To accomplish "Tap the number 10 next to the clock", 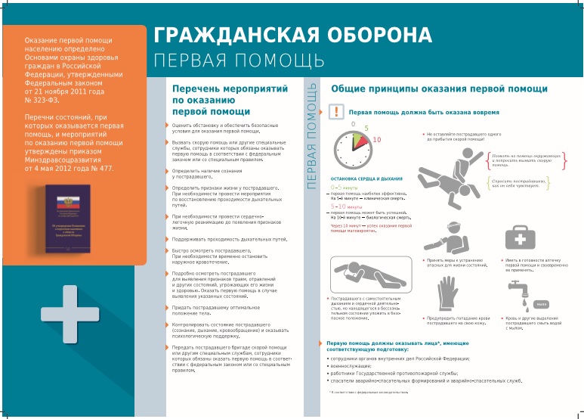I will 376,140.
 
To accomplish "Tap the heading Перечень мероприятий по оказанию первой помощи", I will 204,100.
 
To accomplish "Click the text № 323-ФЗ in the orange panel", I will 42,100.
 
